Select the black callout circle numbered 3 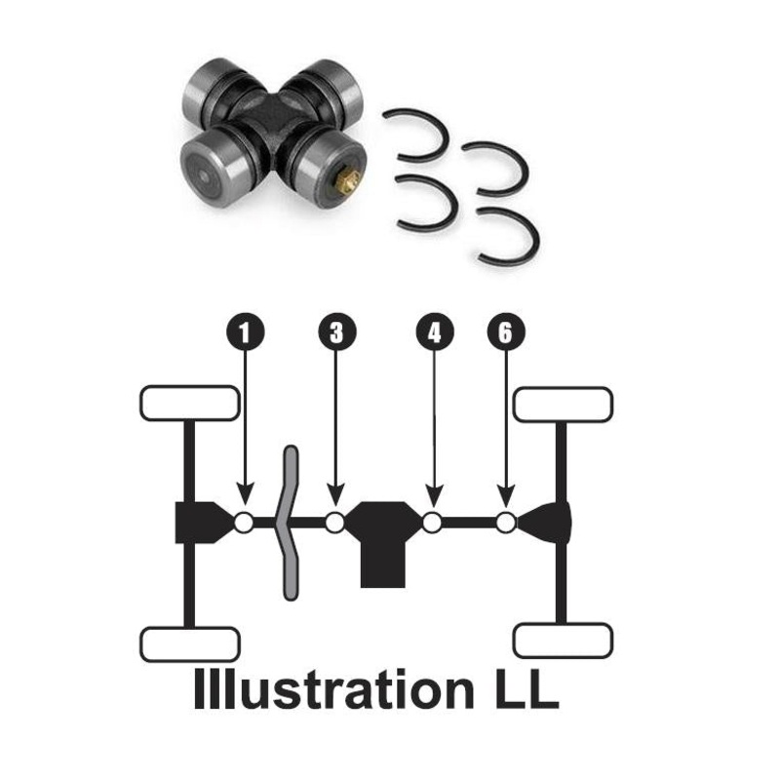336,332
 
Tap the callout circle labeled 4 435,332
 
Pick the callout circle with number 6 505,332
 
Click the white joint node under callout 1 244,523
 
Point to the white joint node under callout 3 335,523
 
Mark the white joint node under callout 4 432,523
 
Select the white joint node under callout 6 505,523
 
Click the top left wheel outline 189,403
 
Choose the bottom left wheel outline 189,643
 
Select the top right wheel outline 563,404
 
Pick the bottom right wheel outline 563,641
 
